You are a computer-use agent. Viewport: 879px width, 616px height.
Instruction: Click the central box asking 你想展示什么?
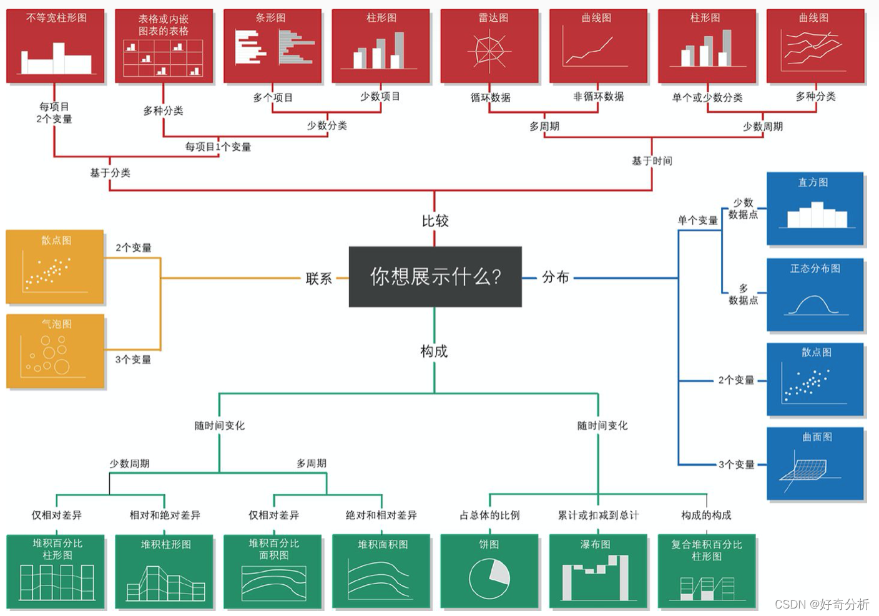tap(435, 276)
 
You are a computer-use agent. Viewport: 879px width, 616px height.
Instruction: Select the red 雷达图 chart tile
tap(489, 46)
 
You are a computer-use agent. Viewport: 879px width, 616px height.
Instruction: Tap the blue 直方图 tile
tap(815, 209)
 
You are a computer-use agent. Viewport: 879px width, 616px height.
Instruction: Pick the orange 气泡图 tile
tap(56, 351)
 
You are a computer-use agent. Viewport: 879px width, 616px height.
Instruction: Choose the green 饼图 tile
tap(489, 570)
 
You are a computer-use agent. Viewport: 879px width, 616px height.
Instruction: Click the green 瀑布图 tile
tap(597, 570)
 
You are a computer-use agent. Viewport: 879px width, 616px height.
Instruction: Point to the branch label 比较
tap(435, 221)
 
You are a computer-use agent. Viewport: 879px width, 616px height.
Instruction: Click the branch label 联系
tap(318, 279)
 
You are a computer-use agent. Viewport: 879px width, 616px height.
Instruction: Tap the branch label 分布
tap(555, 277)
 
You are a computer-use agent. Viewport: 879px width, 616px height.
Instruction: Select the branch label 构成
tap(434, 351)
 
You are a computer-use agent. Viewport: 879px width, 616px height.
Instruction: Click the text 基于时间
tap(652, 161)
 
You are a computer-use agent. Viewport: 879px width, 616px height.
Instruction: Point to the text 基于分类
tap(110, 173)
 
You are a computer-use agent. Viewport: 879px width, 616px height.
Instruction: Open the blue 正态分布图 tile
tap(815, 294)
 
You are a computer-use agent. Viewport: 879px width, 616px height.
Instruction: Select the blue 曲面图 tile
tap(815, 463)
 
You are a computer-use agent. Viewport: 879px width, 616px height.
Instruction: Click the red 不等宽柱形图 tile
tap(56, 46)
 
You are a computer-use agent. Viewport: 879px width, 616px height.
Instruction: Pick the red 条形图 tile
tap(272, 46)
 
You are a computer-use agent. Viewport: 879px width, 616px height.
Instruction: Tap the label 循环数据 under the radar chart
tap(490, 97)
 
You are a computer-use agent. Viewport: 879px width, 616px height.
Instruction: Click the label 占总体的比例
tap(489, 515)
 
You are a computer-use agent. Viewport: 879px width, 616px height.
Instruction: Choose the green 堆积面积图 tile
tap(381, 570)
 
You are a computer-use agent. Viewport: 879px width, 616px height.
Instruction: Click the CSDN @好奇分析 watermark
tap(822, 604)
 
